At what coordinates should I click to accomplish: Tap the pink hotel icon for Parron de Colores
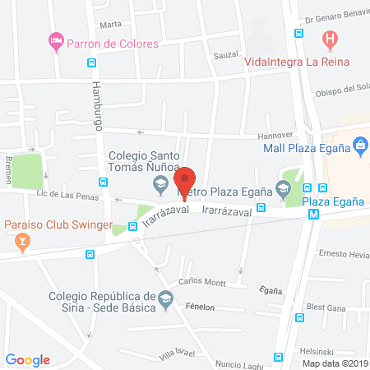point(56,39)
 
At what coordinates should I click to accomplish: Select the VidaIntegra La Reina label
point(297,62)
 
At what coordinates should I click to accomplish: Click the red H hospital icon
point(330,38)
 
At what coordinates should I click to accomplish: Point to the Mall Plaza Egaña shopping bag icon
point(360,146)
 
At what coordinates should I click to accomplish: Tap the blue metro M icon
point(313,215)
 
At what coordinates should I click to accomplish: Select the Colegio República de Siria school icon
point(166,298)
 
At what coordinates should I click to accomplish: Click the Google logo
point(28,359)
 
